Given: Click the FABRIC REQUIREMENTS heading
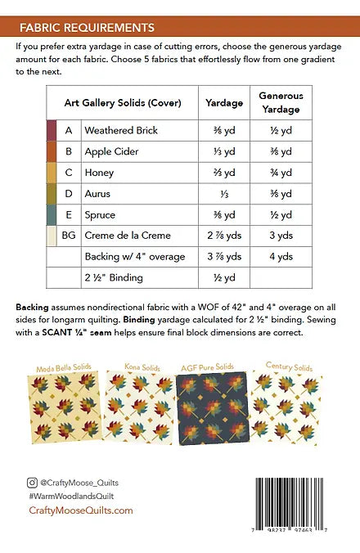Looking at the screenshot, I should (x=87, y=27).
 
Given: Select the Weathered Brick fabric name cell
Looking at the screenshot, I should (x=121, y=131).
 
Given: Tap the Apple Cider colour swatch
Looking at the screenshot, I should (x=51, y=151).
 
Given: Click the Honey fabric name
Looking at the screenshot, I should (x=99, y=173).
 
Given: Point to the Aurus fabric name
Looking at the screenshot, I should (x=97, y=194).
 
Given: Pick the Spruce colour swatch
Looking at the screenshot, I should (x=51, y=214).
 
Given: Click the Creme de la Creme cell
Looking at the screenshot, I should (x=128, y=236).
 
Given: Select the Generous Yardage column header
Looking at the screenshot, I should (x=281, y=103).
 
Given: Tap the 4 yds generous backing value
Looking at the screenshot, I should (x=281, y=256).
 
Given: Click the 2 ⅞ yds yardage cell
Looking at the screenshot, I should (x=223, y=236).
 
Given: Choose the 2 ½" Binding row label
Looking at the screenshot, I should (x=112, y=277).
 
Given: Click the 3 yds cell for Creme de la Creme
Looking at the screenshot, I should (x=281, y=236).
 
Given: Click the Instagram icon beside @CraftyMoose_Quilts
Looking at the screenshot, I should (x=32, y=483).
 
